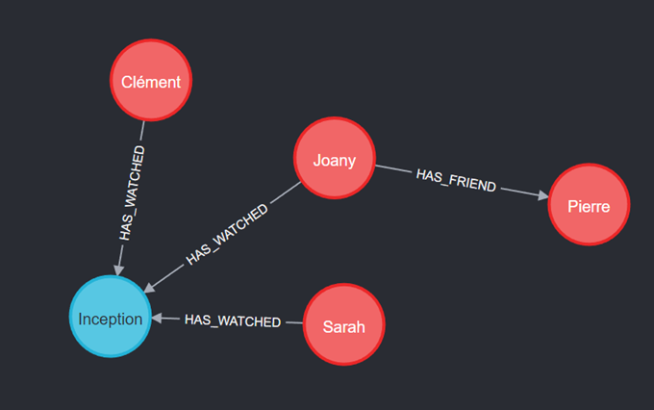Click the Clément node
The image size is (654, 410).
tap(151, 81)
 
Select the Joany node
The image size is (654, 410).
tap(334, 160)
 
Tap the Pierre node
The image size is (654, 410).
tap(589, 205)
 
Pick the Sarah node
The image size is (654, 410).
tap(343, 326)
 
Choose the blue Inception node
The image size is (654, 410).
tap(110, 319)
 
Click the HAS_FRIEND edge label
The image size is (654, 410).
tap(456, 180)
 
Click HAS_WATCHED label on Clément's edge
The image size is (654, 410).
tap(133, 193)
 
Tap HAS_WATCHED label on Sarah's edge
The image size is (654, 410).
tap(232, 320)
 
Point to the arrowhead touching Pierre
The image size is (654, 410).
tap(543, 197)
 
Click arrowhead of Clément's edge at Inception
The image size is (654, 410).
tap(119, 269)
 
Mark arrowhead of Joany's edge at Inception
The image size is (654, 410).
tap(150, 288)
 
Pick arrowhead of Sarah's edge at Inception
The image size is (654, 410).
tap(159, 319)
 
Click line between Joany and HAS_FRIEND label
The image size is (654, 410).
tap(392, 169)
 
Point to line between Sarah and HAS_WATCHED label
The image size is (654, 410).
tap(293, 321)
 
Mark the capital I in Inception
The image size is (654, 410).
tap(81, 320)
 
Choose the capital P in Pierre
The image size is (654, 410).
tap(571, 206)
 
